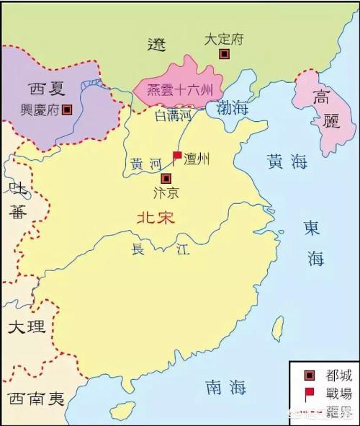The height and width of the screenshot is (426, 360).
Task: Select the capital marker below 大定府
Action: point(225,54)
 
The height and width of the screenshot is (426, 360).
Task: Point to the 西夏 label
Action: point(48,91)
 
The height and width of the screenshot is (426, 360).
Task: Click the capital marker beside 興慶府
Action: point(68,110)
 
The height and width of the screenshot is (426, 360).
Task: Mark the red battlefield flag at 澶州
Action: point(176,156)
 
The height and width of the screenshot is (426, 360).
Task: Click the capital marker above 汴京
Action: point(166,178)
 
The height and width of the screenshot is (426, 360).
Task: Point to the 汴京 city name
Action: point(166,194)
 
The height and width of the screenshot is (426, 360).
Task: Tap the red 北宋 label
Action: point(156,216)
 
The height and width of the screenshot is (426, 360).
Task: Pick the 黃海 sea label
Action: point(286,161)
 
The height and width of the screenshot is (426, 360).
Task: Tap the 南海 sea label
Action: point(222,387)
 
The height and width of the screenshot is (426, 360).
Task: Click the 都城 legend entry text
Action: point(336,376)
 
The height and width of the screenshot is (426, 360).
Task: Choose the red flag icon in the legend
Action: point(310,394)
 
